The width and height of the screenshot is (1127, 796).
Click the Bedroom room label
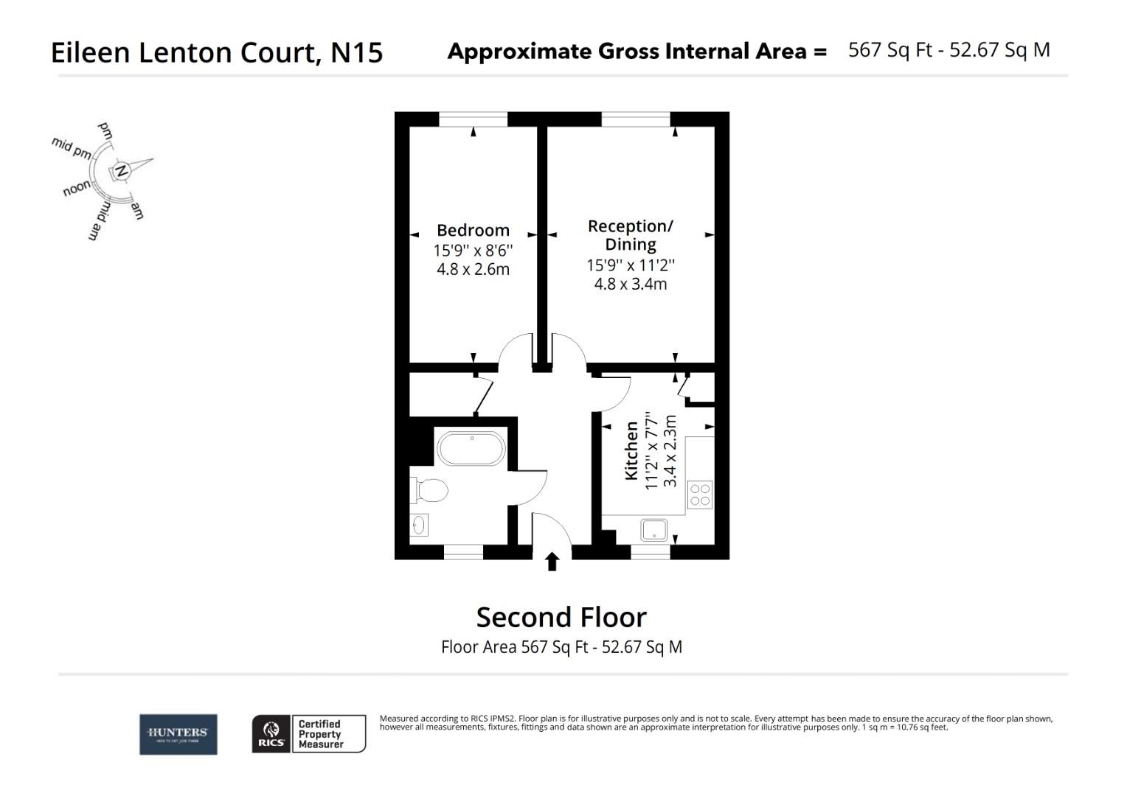[x=473, y=230]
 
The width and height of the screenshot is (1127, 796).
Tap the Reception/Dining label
[x=630, y=235]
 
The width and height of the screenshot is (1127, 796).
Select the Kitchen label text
[x=631, y=450]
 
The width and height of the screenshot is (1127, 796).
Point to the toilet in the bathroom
[x=430, y=489]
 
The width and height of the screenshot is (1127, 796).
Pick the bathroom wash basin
[x=419, y=525]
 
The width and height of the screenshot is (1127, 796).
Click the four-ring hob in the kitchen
[x=699, y=495]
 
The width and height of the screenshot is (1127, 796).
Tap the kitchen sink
[x=654, y=530]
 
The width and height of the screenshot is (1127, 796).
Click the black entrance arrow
[x=552, y=562]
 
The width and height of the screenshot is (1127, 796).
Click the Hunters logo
[x=178, y=734]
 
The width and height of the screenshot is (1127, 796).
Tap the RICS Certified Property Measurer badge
[x=309, y=734]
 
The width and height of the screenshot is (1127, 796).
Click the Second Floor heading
[x=561, y=617]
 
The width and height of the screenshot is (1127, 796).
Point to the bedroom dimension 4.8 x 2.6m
[x=473, y=269]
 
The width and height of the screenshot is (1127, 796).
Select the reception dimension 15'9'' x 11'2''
[x=630, y=265]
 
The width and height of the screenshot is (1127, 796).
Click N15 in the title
[x=356, y=52]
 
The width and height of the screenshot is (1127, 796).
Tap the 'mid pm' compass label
[x=72, y=148]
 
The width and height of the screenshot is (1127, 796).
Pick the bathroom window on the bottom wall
[x=463, y=551]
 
